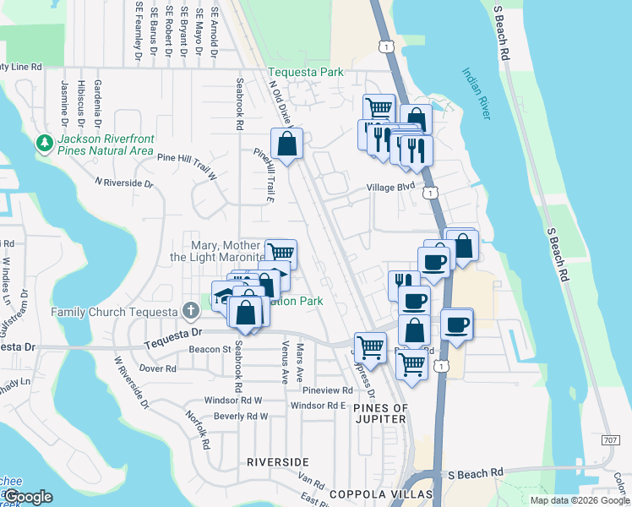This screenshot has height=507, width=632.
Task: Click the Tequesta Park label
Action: coord(306,72)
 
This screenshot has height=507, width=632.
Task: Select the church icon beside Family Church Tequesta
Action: coord(191,310)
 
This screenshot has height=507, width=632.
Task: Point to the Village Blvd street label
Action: coord(390,188)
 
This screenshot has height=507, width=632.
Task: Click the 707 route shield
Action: coord(611,440)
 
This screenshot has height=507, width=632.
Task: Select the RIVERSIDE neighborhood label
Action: coord(277,462)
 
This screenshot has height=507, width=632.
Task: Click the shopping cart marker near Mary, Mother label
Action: coord(281,252)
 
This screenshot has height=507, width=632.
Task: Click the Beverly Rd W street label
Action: coord(241,417)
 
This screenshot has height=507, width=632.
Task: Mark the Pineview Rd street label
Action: coord(327,390)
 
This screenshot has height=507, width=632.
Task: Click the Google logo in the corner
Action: coord(29,497)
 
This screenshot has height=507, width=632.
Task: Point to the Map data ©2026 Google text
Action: coord(579,500)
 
